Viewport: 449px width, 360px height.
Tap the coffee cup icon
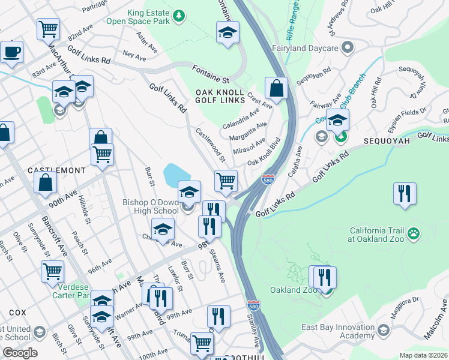tap(11, 52)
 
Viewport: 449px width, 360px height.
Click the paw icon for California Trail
tap(413, 232)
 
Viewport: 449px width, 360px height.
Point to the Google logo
tap(20, 353)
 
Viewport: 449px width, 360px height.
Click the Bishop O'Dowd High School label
tap(151, 206)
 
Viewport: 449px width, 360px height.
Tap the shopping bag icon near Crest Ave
tap(276, 89)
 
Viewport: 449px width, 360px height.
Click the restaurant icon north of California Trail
tap(404, 194)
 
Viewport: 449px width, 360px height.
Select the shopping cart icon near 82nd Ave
tap(48, 28)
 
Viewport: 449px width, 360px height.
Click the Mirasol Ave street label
tap(248, 147)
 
